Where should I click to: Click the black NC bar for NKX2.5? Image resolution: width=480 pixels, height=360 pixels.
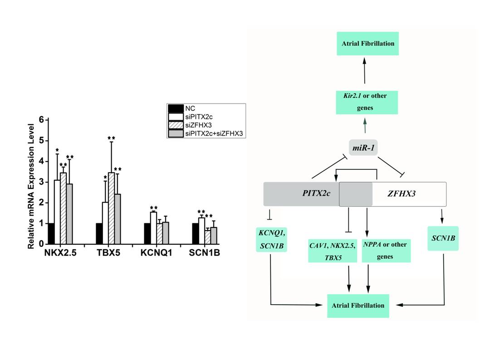click(51, 234)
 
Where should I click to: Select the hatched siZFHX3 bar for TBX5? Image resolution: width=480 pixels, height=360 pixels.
click(111, 209)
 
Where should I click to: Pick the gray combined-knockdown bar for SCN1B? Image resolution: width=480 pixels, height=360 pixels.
click(213, 236)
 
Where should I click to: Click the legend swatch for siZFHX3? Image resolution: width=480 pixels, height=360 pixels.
click(175, 125)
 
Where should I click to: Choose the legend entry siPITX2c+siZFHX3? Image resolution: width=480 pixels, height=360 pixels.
click(214, 133)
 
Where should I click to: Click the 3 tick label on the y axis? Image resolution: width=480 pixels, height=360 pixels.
click(41, 182)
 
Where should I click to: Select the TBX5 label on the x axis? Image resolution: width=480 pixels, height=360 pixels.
click(108, 253)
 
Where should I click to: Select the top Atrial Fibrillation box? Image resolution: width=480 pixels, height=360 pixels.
click(368, 44)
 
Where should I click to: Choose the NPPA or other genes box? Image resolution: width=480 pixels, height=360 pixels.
click(385, 250)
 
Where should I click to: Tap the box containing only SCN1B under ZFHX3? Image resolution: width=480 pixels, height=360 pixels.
click(442, 238)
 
